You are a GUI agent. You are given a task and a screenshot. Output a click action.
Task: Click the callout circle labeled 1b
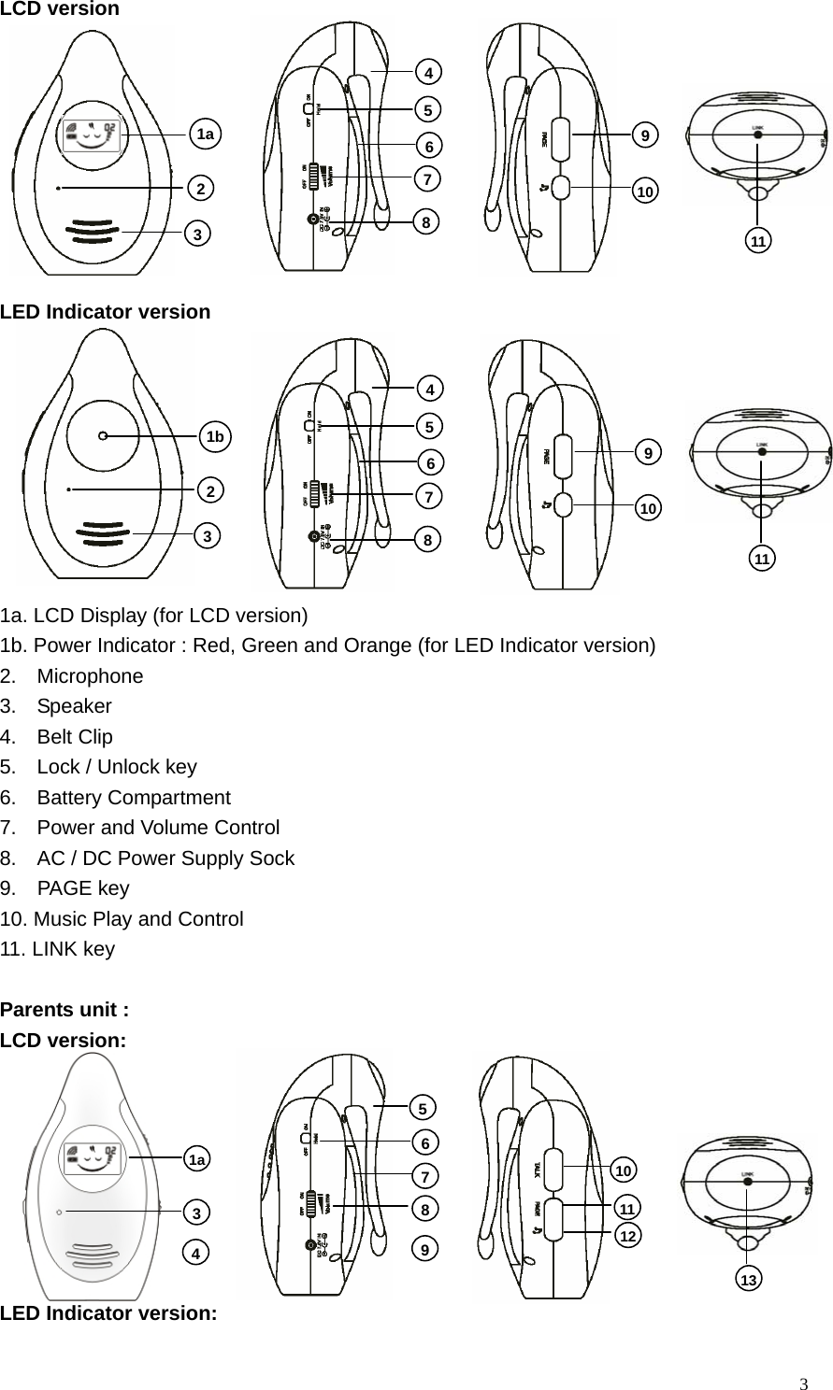pos(216,436)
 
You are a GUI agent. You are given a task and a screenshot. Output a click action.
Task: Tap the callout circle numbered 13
pos(748,1279)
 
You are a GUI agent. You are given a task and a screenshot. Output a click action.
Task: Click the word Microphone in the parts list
pos(90,676)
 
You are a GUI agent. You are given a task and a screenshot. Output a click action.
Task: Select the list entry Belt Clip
pos(75,737)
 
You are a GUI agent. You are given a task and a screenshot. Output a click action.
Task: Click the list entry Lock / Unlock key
pos(117,768)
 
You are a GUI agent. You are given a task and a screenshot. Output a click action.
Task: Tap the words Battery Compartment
pos(134,798)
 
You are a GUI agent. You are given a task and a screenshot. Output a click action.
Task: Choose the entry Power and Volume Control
pos(158,828)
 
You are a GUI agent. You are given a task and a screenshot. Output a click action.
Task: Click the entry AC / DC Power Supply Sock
pos(165,858)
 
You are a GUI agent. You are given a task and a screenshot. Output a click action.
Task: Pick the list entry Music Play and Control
pos(138,919)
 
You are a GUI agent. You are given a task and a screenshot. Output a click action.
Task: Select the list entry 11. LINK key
pos(58,950)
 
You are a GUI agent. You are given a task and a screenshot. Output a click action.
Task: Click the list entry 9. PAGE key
pos(83,888)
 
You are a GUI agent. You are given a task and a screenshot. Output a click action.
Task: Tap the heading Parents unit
pos(65,1011)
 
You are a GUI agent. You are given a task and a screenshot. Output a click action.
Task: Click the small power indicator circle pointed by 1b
pos(102,436)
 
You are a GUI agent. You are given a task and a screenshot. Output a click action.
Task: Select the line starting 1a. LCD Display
pos(153,615)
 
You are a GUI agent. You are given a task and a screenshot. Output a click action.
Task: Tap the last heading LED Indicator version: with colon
pos(108,1312)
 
